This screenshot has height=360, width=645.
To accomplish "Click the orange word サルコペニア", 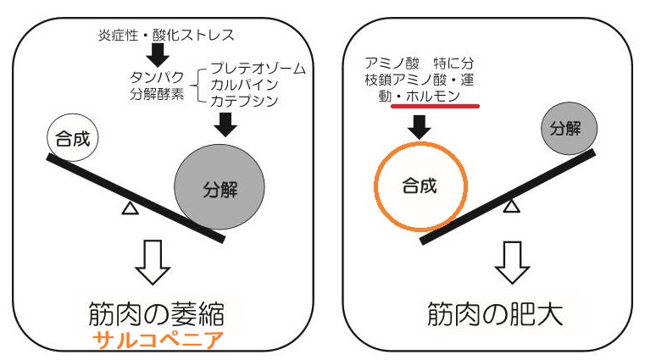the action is pos(158,341).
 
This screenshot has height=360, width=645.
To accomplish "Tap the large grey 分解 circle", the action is pos(220,187).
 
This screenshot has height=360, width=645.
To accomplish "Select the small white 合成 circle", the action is pos(72,138).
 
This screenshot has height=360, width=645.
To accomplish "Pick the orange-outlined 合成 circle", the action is pos(420,186).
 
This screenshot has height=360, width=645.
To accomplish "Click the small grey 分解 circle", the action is pos(569,129).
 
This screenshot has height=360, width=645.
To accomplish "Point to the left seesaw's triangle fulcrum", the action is pos(131,208).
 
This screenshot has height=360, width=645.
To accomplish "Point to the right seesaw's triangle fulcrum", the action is pos(511,206).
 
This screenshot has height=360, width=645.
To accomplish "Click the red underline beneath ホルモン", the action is pos(435,106).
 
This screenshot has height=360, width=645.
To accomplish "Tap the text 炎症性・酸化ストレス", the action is pos(166,35).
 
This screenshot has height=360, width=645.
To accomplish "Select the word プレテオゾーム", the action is pos(259,68).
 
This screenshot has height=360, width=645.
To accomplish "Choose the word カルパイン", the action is pos(244,84).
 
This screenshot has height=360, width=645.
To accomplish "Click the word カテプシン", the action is pos(244,101).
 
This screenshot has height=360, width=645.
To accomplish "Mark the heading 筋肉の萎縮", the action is pos(156,314).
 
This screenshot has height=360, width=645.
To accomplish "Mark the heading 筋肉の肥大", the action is pos(495,314).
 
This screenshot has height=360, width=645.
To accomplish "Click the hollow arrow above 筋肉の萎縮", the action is pos(153,263).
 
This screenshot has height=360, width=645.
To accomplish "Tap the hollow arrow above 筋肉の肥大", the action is pos(512,263).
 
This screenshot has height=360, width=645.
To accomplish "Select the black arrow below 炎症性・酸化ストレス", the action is pos(158,55).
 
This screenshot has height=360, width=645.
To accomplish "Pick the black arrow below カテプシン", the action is pos(225,125).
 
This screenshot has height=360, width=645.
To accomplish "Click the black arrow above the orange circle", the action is pos(420,127).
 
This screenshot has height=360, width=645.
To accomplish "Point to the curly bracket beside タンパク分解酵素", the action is pos(197,86).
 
